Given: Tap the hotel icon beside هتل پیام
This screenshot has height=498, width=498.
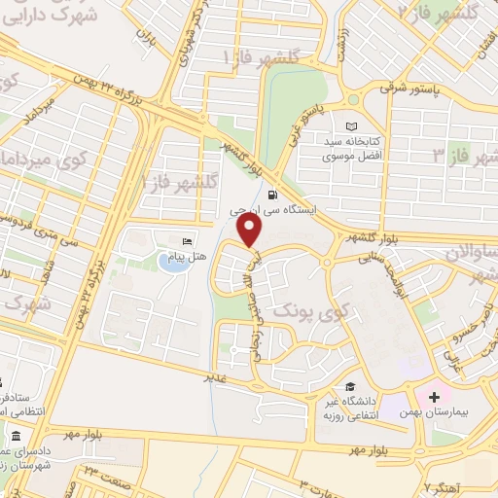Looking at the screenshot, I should (187, 240).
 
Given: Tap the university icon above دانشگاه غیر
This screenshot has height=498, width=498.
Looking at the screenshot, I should (348, 385).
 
